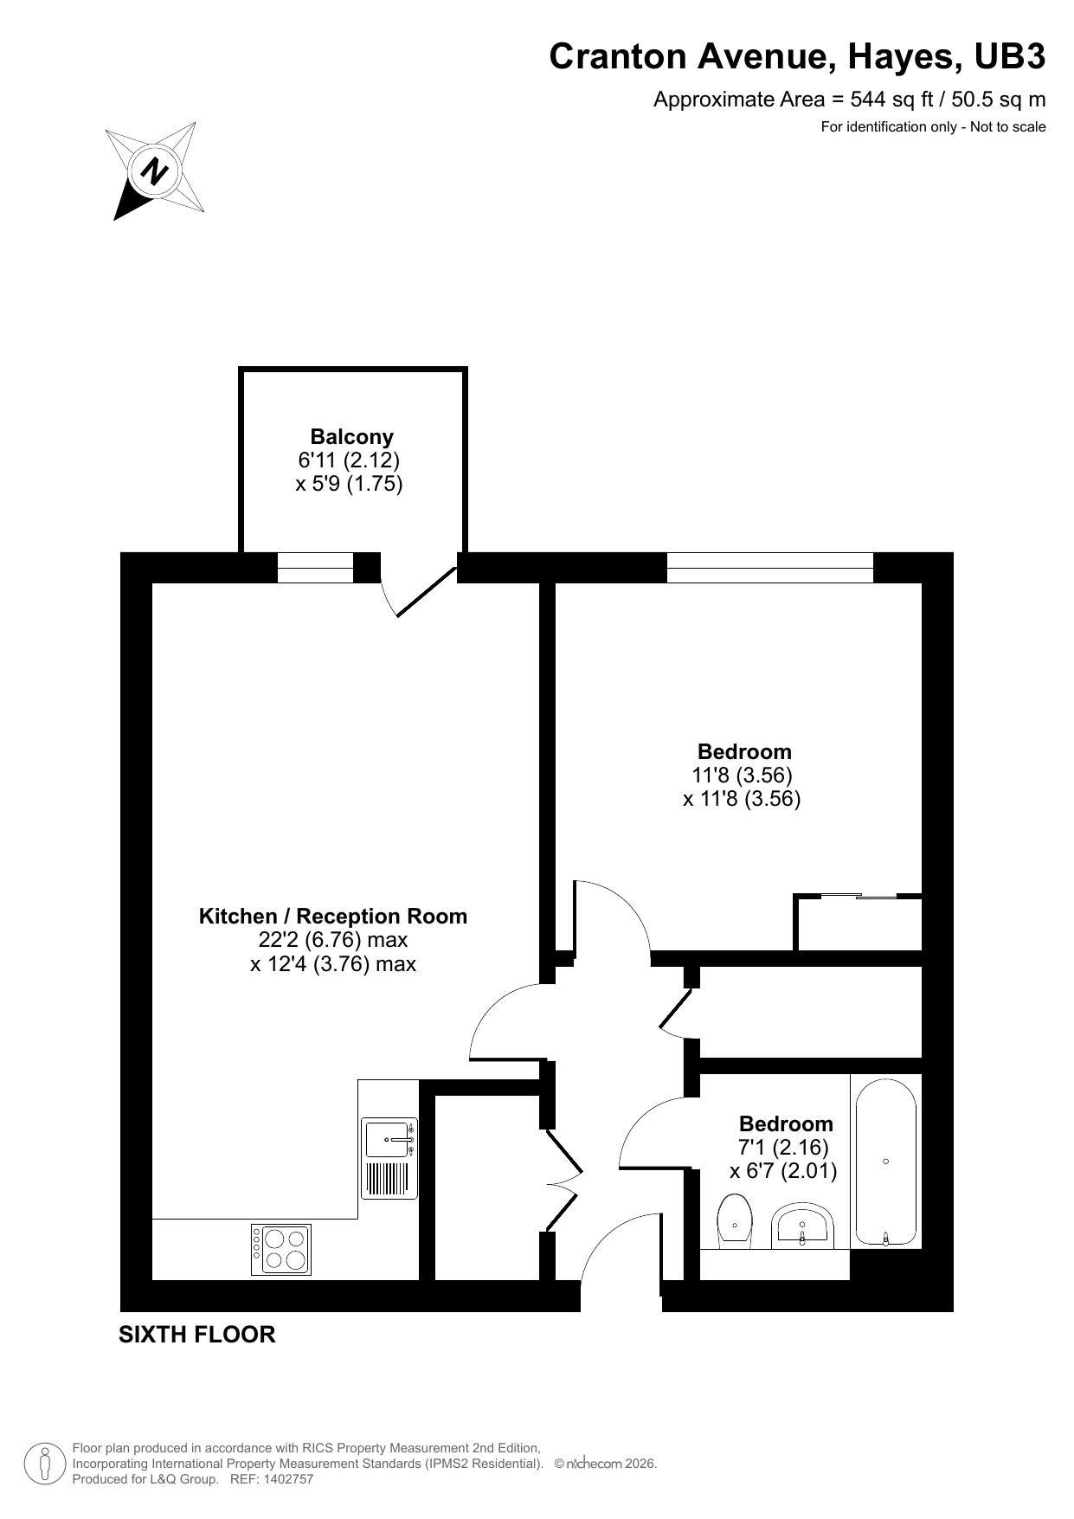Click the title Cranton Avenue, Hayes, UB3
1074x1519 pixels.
pos(797,57)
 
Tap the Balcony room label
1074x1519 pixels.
pos(352,436)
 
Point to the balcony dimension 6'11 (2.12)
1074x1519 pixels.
pos(349,460)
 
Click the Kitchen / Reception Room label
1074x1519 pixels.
pos(333,916)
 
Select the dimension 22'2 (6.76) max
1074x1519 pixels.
pos(333,939)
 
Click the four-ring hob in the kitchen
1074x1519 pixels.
pos(281,1249)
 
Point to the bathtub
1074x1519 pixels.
pos(885,1162)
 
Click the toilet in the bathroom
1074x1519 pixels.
pos(735,1221)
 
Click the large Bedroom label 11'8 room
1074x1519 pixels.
pos(744,751)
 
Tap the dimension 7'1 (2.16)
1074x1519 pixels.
pos(784,1148)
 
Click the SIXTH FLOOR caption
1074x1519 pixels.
pos(197,1335)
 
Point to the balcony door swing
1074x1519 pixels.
pos(419,591)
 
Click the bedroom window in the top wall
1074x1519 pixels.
pos(769,568)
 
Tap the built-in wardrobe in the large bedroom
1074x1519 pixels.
pos(859,923)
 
